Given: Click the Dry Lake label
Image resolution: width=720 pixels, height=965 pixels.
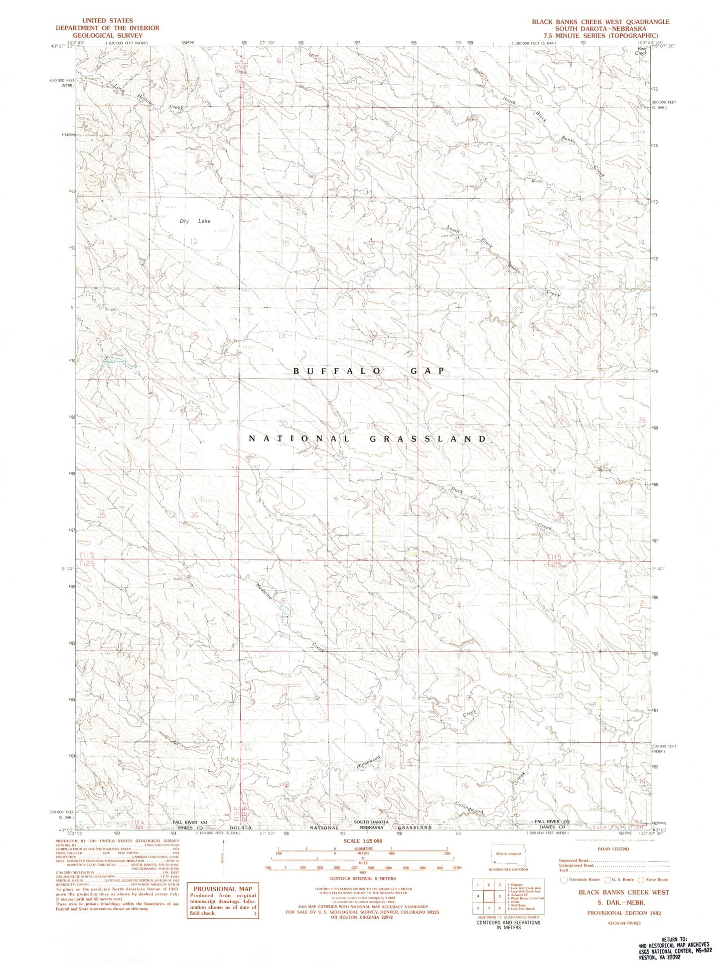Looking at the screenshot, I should click(195, 221).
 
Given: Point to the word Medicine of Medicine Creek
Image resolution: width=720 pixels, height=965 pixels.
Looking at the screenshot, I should click(264, 591).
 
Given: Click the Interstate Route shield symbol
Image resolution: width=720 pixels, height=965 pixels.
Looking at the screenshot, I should click(564, 880).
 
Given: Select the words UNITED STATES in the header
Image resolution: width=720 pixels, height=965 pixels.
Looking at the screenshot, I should click(108, 20).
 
